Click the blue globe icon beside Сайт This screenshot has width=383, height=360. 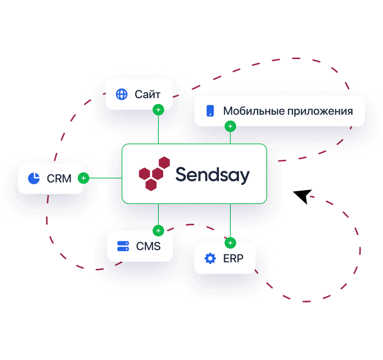[x=121, y=94]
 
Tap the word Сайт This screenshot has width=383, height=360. [x=147, y=94]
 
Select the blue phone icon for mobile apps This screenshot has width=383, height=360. [x=210, y=111]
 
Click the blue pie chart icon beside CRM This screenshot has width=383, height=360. [x=34, y=179]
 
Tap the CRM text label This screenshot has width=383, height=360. [x=59, y=179]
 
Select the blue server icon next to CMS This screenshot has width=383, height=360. [x=123, y=247]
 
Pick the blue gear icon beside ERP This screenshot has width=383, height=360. [x=210, y=259]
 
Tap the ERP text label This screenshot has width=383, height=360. [x=233, y=259]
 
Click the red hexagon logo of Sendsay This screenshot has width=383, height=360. [x=154, y=173]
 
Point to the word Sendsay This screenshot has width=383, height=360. [x=212, y=175]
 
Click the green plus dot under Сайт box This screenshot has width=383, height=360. [x=158, y=110]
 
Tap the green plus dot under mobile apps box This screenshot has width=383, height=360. [x=230, y=127]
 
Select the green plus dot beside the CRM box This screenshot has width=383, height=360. [x=84, y=178]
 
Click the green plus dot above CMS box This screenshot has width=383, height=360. [x=158, y=231]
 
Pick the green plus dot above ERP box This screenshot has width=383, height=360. [x=230, y=242]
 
